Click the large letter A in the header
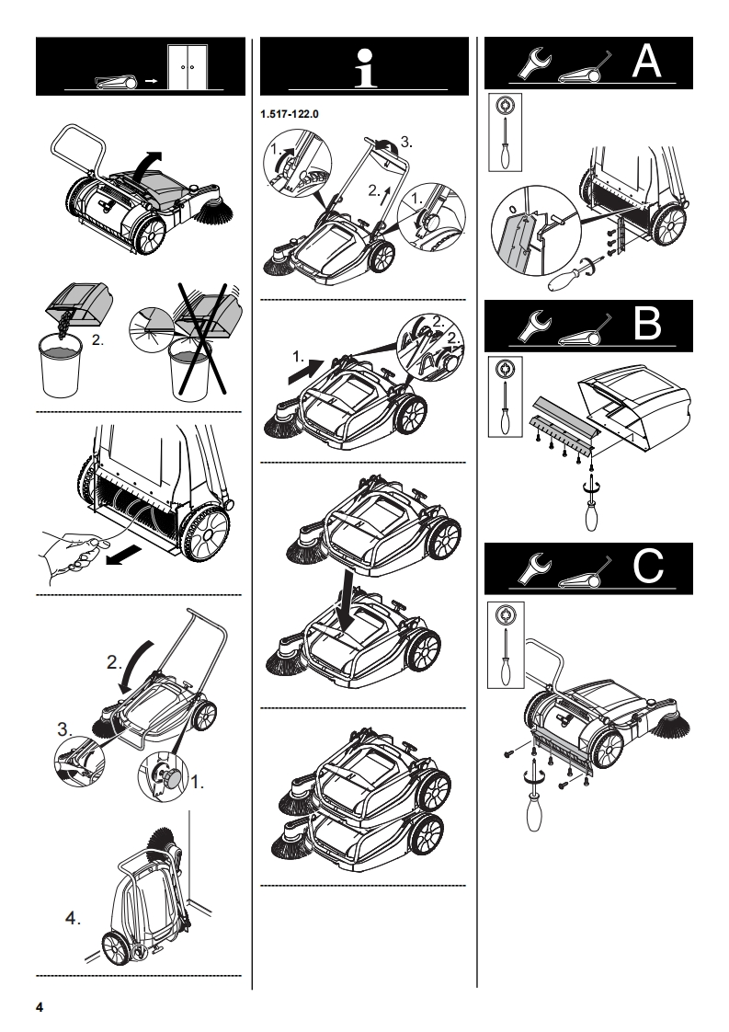(x=647, y=62)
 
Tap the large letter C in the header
(x=647, y=568)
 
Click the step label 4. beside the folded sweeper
(x=81, y=918)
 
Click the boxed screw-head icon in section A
(x=502, y=107)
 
